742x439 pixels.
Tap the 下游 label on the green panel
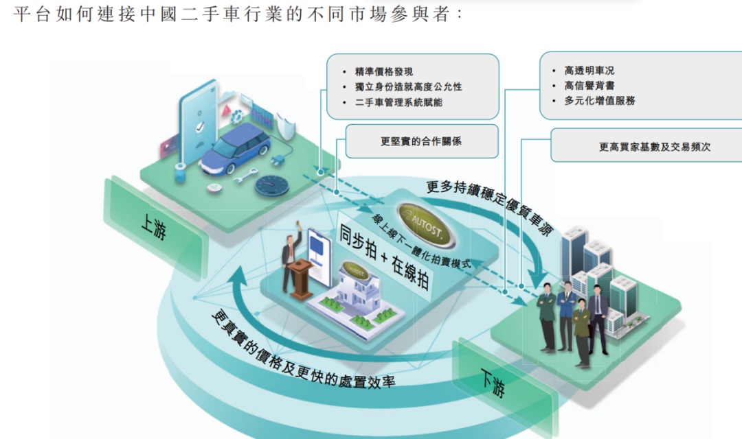coord(493,383)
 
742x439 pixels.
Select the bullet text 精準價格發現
coord(384,71)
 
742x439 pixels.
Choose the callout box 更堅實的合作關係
coord(420,141)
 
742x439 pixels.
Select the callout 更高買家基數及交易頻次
coord(646,146)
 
